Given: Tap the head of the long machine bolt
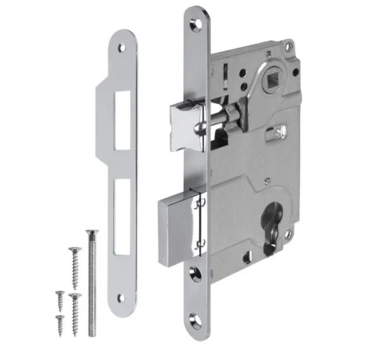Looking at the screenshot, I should [89, 235].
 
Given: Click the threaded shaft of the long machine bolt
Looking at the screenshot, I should [92, 284].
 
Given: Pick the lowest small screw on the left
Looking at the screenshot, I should [59, 319].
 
